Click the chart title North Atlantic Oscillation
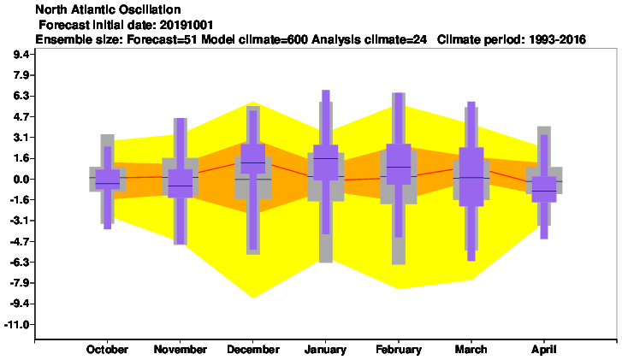[108, 9]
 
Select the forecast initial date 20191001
[186, 25]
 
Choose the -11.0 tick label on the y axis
[17, 325]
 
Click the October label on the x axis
[107, 349]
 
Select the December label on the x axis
[253, 349]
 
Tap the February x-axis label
[399, 349]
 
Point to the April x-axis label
[544, 350]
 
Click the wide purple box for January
[326, 162]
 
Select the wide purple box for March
[471, 177]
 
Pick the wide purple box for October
[108, 180]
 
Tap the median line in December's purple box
[253, 162]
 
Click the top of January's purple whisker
[326, 91]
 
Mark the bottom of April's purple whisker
[544, 239]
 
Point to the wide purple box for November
[180, 183]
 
